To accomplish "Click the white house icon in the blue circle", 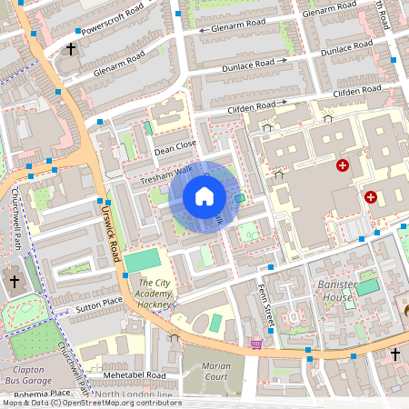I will (x=204, y=196).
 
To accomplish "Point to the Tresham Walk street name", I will (x=166, y=175).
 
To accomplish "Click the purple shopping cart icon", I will (x=257, y=344).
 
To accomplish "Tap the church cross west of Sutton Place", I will (x=14, y=283).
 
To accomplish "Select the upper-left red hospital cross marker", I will (x=342, y=165).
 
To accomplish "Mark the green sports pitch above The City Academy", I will (x=141, y=262).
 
